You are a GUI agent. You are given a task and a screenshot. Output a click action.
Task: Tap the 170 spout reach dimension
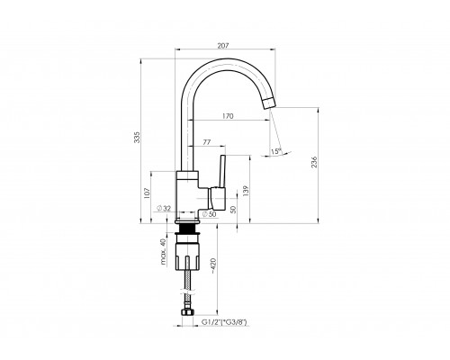[x=228, y=115]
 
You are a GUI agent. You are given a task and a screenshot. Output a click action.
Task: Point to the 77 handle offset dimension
[x=207, y=142]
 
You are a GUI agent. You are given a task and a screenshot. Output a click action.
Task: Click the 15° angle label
[x=274, y=150]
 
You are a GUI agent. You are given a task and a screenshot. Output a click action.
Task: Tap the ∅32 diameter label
[x=165, y=208]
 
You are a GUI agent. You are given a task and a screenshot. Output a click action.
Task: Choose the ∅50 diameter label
[x=206, y=214]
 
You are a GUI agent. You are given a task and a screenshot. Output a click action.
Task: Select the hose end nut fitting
[x=189, y=314]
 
